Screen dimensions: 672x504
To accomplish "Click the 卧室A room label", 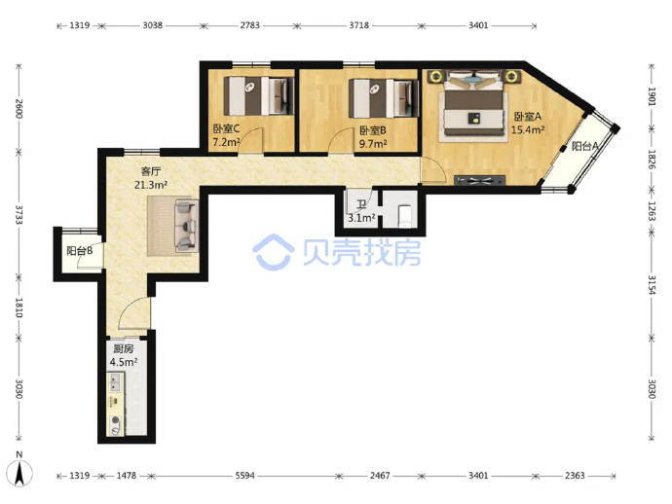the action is [528, 116].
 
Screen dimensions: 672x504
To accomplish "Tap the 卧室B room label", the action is [373, 130].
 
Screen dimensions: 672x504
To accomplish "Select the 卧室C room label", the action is [226, 128].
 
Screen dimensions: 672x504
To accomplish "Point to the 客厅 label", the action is [151, 171].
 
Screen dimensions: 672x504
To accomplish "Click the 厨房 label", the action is [124, 348].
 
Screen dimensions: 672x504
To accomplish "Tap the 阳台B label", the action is [80, 250].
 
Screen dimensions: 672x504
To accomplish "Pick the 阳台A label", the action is [585, 147].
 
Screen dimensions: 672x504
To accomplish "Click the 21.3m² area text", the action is [151, 185].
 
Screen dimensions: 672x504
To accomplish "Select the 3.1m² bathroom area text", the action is [361, 218].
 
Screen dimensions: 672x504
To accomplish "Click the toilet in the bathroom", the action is [405, 216].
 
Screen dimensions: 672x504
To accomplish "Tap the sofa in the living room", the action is [187, 226].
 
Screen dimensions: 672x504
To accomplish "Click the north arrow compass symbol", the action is [19, 472].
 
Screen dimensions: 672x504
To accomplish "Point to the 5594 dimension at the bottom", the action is [244, 476].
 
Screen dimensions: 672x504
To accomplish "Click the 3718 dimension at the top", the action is [358, 25].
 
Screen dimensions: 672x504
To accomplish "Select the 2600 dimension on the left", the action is [19, 109].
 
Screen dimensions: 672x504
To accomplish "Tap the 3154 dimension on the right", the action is [652, 285].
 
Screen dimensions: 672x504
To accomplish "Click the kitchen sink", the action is [115, 382].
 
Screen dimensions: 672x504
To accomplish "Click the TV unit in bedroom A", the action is [480, 181].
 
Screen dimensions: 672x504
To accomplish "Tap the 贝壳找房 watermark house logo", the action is [274, 252].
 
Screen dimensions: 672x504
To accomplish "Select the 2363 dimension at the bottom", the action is [575, 476].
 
